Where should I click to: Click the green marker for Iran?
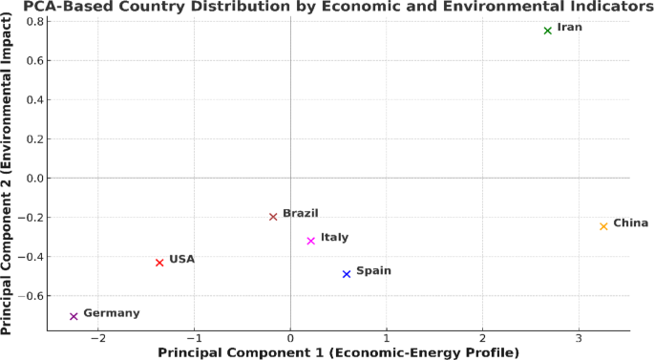click(548, 31)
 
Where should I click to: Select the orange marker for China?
click(603, 226)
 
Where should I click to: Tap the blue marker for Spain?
click(347, 274)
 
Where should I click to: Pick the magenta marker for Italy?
click(311, 241)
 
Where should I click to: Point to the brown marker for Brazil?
click(273, 217)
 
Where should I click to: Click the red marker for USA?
click(159, 263)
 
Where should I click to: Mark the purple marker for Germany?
click(74, 316)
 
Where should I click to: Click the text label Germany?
click(111, 313)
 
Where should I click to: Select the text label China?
click(630, 223)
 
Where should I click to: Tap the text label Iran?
click(570, 28)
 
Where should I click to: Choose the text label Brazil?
click(300, 214)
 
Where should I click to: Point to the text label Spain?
click(373, 271)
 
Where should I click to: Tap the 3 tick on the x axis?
click(579, 339)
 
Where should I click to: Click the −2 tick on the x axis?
click(96, 339)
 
